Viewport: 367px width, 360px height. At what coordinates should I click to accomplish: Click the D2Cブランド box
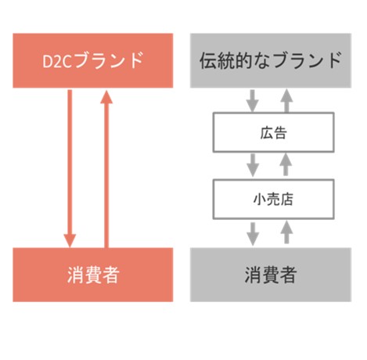(x=93, y=60)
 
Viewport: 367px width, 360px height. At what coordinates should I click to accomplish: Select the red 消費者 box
(x=93, y=275)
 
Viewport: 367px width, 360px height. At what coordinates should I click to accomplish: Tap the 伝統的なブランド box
(x=271, y=60)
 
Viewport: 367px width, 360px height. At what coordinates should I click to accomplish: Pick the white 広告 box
(x=273, y=132)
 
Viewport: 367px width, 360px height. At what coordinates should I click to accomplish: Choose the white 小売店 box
(x=273, y=199)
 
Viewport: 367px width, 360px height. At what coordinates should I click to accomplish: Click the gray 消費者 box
(x=271, y=275)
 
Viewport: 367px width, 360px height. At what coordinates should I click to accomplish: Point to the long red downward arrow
(x=70, y=168)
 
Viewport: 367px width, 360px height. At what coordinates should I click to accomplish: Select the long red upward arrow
(x=106, y=169)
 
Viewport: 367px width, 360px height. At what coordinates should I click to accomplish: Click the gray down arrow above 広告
(x=252, y=101)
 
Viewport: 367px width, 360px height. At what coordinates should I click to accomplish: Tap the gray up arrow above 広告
(x=286, y=101)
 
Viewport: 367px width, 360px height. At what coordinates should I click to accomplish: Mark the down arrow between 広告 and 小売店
(x=253, y=165)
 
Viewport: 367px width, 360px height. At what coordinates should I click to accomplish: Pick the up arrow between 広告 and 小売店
(x=286, y=164)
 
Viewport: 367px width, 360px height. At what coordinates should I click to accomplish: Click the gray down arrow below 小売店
(x=253, y=234)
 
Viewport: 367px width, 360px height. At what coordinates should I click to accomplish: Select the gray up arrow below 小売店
(x=286, y=232)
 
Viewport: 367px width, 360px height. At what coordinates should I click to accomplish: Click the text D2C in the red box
(x=57, y=62)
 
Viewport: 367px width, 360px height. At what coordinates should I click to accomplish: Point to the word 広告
(x=273, y=132)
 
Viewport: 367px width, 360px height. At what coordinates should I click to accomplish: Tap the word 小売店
(x=273, y=200)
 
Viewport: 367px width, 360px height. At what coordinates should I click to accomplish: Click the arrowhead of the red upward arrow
(x=106, y=97)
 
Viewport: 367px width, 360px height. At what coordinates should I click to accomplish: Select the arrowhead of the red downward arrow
(x=70, y=241)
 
